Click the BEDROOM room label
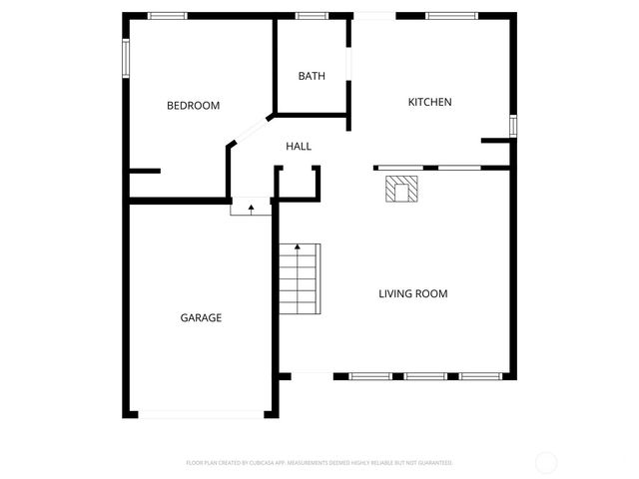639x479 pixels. [193, 106]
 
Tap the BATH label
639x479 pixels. [312, 76]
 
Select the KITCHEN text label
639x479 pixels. [430, 102]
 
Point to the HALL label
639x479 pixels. [299, 147]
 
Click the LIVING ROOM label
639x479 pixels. [412, 293]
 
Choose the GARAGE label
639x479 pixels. [201, 317]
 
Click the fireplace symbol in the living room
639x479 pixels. [403, 190]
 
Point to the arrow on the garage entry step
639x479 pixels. [252, 209]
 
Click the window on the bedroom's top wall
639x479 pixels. [167, 16]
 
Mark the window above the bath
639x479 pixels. [313, 16]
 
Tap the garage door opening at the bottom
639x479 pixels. [200, 413]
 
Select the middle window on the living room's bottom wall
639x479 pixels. [424, 376]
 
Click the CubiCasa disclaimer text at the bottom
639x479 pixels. [319, 463]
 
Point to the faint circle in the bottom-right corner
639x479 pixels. [546, 462]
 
